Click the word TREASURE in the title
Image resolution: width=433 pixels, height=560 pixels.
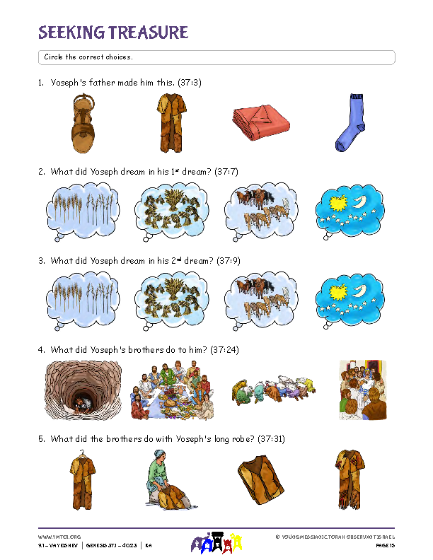pos(148,33)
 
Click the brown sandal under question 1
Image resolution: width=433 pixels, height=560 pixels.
pos(83,123)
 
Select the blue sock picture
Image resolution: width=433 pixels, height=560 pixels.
pos(350,122)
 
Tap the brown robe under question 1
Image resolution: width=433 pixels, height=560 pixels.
pos(171,123)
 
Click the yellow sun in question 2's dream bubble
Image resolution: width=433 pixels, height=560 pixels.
pos(338,203)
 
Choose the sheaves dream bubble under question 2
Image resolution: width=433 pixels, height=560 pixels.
pos(171,211)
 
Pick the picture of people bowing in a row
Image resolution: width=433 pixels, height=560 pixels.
pos(274,390)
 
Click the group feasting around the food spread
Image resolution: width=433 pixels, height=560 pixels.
pos(173,390)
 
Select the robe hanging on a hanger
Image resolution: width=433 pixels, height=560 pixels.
pos(83,479)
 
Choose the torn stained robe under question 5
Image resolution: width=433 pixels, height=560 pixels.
pos(350,479)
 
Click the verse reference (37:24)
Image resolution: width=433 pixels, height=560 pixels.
pos(224,349)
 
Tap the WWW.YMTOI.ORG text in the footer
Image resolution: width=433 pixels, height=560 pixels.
pos(59,537)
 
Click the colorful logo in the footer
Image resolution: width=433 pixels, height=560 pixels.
pos(216,542)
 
